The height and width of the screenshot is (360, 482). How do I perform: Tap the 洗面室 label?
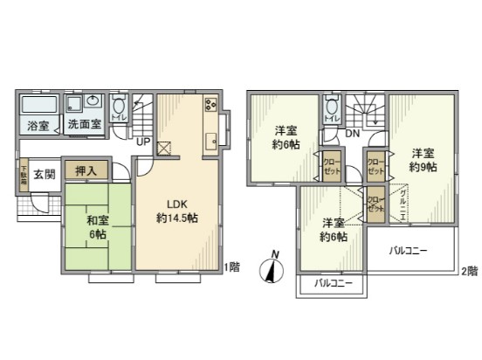(85, 124)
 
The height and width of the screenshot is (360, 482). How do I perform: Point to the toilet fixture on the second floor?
(330, 107)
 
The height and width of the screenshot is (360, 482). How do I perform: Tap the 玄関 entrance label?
(45, 174)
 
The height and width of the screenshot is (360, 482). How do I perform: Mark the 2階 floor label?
(471, 270)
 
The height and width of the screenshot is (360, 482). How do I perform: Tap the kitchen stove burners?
(210, 106)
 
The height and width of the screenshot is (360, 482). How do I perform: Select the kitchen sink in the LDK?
(210, 142)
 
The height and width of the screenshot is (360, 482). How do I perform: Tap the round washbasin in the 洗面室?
(93, 103)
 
